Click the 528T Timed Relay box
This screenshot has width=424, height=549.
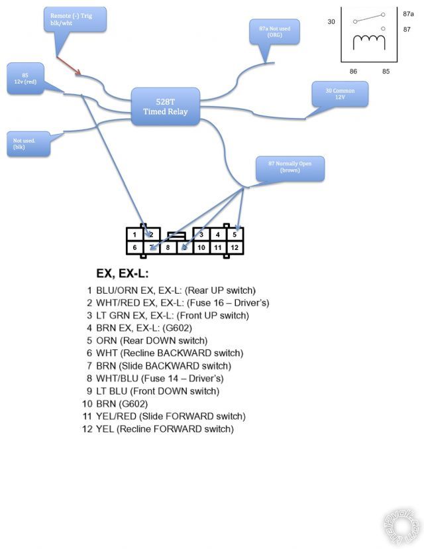(165, 106)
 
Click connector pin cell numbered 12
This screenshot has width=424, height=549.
(235, 248)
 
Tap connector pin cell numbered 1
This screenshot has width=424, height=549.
(134, 235)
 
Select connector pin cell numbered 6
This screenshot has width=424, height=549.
(134, 248)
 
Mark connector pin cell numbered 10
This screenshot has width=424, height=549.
(201, 248)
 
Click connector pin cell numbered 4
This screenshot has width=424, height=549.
(218, 235)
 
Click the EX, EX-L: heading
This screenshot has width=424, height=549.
(121, 274)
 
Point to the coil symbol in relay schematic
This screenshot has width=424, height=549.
(368, 42)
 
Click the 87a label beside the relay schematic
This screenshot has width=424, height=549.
(408, 13)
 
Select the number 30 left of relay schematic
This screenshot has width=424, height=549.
(331, 22)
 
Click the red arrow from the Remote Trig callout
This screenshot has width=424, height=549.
(68, 65)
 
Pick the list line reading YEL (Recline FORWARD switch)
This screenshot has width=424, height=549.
(158, 429)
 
